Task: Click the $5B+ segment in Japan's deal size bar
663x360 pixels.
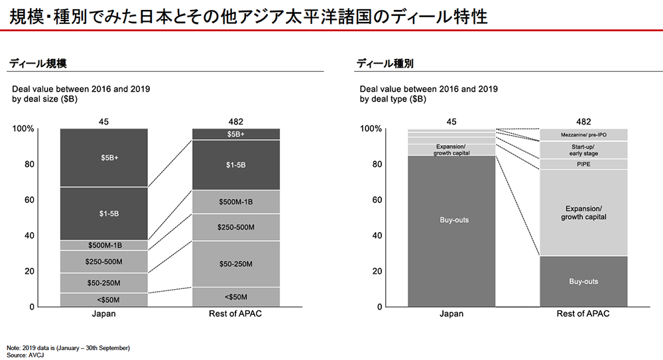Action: tap(103, 158)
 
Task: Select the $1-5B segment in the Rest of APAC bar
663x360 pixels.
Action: tap(236, 164)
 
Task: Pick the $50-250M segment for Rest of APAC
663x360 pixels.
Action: tap(236, 264)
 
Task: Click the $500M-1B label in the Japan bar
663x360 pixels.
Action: tap(103, 245)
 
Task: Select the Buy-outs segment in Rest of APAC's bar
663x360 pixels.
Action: tap(583, 282)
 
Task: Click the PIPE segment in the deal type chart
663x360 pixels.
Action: tap(583, 164)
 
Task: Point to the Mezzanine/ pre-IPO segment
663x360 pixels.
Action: tap(583, 135)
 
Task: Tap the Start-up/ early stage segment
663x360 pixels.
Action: tap(583, 149)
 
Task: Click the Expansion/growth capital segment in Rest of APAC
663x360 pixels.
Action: tap(583, 213)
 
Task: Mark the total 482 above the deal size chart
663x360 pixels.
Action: tap(236, 121)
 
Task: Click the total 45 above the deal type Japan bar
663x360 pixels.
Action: tap(452, 121)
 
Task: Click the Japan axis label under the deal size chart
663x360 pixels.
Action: tap(103, 314)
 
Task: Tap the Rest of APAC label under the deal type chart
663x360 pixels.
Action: tap(583, 314)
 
